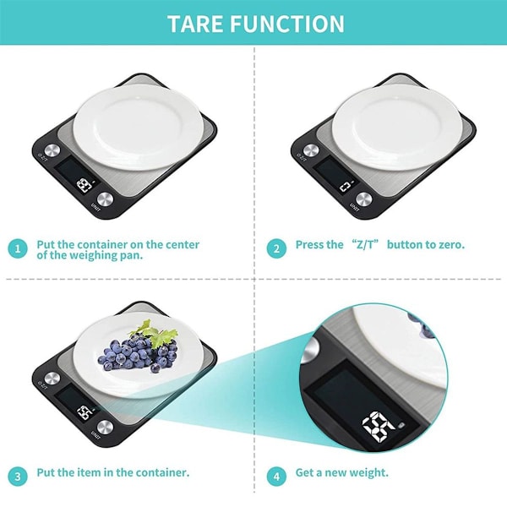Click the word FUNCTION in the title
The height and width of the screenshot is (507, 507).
click(x=287, y=24)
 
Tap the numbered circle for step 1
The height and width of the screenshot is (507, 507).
click(x=18, y=248)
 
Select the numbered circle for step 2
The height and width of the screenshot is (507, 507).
click(x=276, y=248)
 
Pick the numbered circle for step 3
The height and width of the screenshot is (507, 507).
click(x=18, y=477)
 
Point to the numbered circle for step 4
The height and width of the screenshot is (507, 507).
click(x=276, y=477)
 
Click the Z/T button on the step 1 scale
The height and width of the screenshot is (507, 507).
click(x=52, y=150)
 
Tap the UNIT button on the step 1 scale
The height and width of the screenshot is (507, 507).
click(x=105, y=199)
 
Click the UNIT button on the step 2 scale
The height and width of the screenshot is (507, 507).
click(x=363, y=199)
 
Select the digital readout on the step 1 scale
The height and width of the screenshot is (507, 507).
click(x=84, y=186)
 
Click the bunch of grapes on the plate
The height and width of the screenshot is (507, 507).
click(x=138, y=354)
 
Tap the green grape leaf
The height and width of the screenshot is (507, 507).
click(x=155, y=333)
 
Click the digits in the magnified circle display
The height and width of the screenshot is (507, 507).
click(x=378, y=427)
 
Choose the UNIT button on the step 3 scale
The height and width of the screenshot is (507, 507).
click(x=105, y=427)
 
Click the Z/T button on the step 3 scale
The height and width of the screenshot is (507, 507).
click(x=52, y=379)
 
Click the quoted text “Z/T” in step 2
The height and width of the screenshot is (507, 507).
click(x=365, y=244)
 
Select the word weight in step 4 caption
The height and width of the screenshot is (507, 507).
click(x=371, y=473)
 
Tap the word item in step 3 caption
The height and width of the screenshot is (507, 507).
click(x=91, y=472)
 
